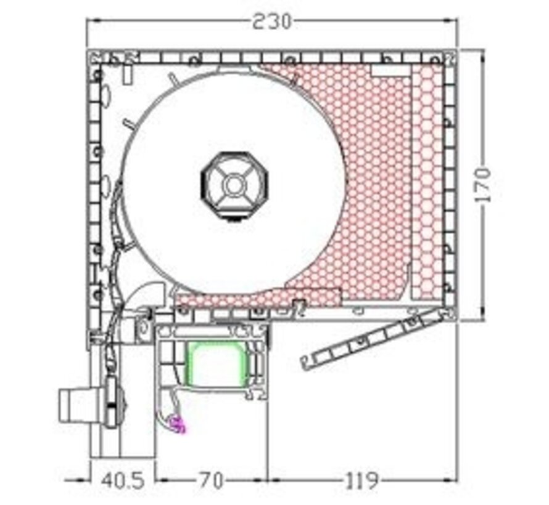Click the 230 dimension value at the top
pyautogui.click(x=271, y=22)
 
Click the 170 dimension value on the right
pyautogui.click(x=484, y=185)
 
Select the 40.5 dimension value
pyautogui.click(x=123, y=480)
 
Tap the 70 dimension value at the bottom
pyautogui.click(x=211, y=480)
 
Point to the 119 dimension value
pyautogui.click(x=361, y=480)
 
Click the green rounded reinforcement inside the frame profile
pyautogui.click(x=217, y=364)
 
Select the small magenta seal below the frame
pyautogui.click(x=177, y=424)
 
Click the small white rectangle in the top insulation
pyautogui.click(x=390, y=71)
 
